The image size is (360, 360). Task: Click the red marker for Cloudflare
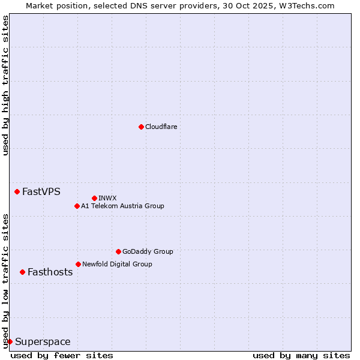tap(141, 127)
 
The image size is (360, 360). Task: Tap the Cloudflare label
tap(161, 127)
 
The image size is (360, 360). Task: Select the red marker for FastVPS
tap(17, 191)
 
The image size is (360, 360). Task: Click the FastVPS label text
tap(41, 192)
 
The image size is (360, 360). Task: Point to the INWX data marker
tap(94, 198)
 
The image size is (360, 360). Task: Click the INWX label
tap(107, 198)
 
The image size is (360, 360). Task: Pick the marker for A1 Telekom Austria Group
tap(77, 206)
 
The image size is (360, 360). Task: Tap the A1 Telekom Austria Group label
tap(122, 206)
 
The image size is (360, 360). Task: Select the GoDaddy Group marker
tap(118, 251)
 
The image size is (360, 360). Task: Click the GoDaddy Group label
tap(147, 251)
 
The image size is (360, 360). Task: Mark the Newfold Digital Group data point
tap(78, 264)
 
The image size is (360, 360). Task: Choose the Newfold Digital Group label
tap(117, 264)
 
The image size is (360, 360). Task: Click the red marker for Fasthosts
tap(22, 272)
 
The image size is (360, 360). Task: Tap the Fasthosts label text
tap(50, 272)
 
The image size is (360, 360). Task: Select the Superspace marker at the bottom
tap(10, 341)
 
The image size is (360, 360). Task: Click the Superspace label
tap(43, 342)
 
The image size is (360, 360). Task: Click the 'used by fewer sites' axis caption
tap(62, 355)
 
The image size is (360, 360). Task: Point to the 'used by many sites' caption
tap(301, 355)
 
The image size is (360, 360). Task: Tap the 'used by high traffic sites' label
tap(5, 85)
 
